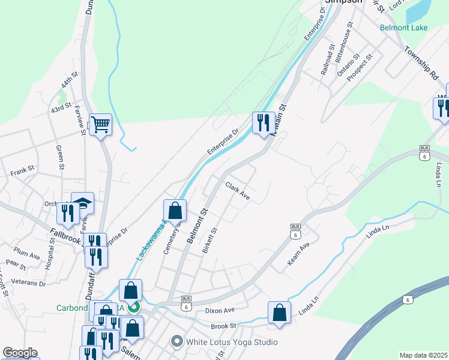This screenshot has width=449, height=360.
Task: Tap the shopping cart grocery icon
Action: click(x=101, y=125)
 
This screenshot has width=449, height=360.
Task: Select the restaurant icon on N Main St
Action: click(x=263, y=124)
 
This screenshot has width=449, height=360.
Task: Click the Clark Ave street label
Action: click(x=238, y=191)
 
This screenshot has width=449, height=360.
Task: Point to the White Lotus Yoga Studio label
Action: click(x=232, y=342)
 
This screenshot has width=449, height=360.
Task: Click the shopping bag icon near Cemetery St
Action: click(x=175, y=211)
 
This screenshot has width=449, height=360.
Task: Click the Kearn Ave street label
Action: click(x=298, y=254)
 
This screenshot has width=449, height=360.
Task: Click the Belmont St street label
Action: click(x=196, y=226)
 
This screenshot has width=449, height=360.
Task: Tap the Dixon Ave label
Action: click(x=219, y=311)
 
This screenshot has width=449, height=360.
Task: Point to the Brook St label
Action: click(x=224, y=326)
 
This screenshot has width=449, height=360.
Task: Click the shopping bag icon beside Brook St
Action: click(x=279, y=313)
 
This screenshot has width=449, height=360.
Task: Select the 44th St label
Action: click(x=70, y=79)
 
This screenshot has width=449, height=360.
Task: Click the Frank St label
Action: click(x=23, y=173)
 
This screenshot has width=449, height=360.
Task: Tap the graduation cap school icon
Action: click(x=83, y=203)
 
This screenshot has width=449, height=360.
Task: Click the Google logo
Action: click(x=20, y=353)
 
